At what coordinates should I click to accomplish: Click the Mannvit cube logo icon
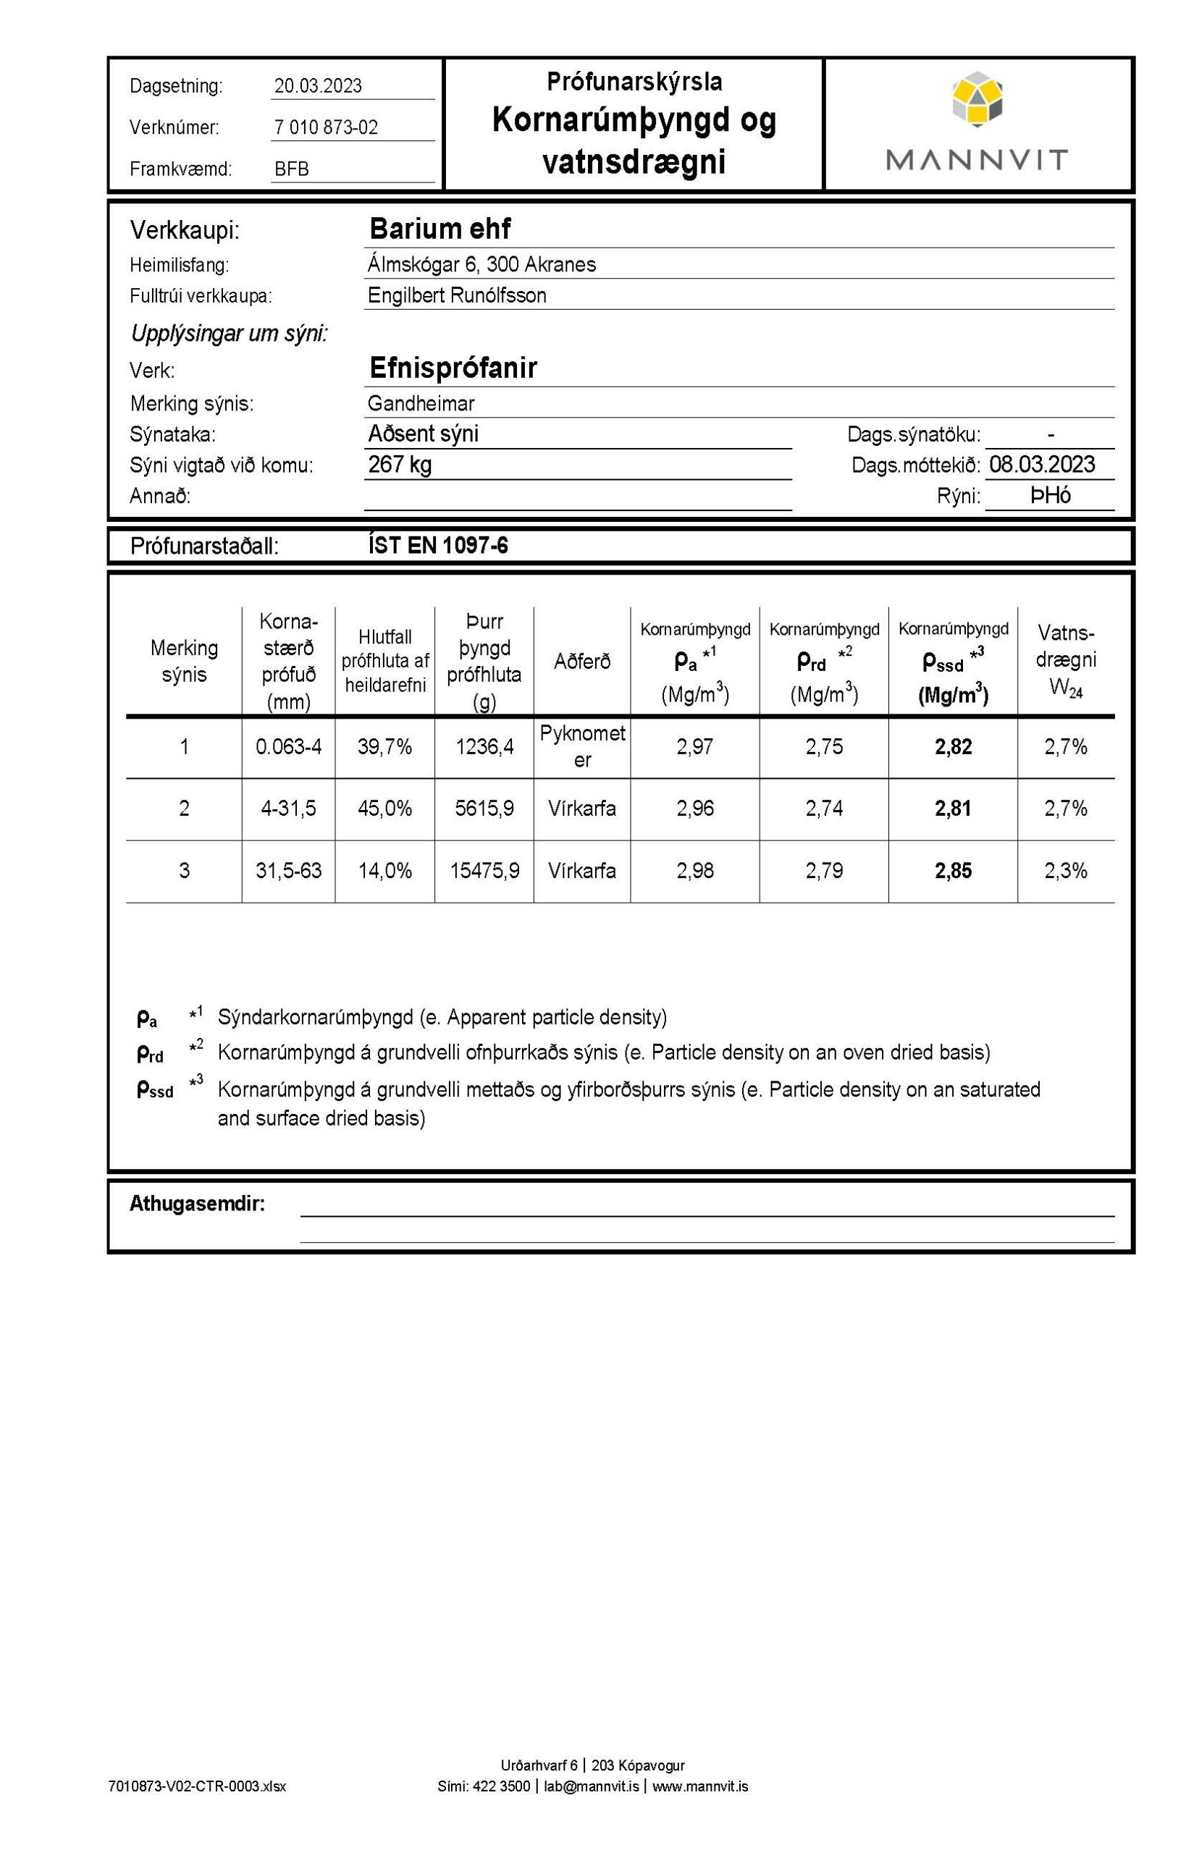point(977,98)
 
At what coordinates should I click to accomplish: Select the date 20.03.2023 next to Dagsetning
point(318,86)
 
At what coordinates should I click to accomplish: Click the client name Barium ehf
point(440,229)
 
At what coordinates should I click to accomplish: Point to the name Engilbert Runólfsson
point(457,295)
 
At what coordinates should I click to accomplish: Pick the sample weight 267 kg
point(400,465)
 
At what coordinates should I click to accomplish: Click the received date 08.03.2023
point(1042,464)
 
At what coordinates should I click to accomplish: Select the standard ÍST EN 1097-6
point(438,546)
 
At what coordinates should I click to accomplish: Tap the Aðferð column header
point(581,662)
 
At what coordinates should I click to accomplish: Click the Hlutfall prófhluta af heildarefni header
point(385,662)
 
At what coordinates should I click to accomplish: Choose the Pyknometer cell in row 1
point(582,746)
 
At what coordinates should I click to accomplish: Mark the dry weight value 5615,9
point(484,809)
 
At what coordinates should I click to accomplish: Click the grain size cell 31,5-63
point(289,871)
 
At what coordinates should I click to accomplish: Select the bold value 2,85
point(954,871)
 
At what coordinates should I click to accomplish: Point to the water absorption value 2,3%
point(1066,871)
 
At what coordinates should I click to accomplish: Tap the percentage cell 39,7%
point(385,747)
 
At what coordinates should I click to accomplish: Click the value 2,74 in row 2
point(824,809)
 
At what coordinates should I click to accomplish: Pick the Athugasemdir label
point(197,1204)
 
